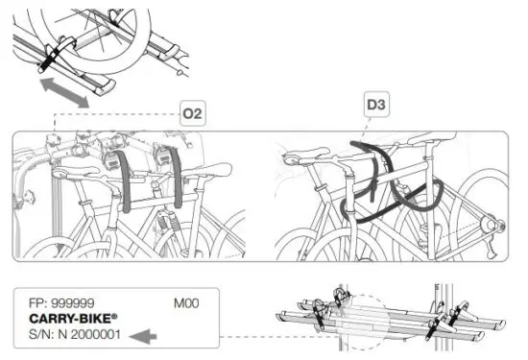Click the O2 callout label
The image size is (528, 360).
(193, 113)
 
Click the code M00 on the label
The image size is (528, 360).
(185, 300)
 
